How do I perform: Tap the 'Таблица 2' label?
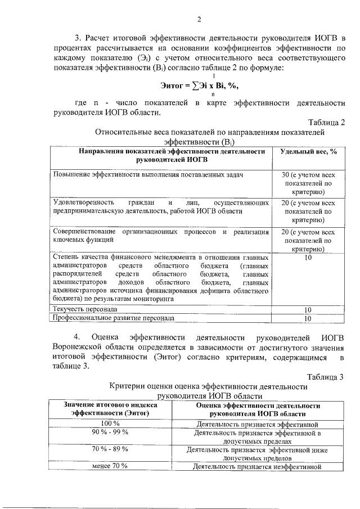326,123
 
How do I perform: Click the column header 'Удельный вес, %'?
308,152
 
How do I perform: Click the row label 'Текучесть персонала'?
85,309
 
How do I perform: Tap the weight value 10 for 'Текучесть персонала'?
308,310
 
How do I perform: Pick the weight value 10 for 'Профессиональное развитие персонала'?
308,318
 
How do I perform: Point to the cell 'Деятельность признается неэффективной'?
256,466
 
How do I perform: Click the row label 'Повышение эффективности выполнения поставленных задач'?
148,175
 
